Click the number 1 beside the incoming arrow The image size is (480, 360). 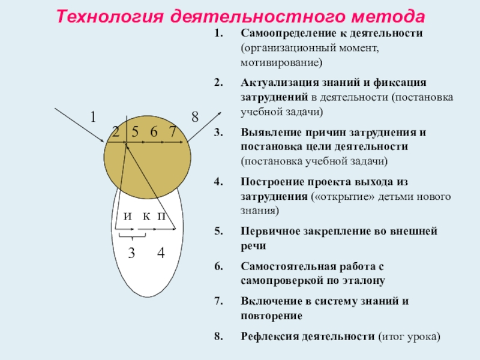pyautogui.click(x=93, y=116)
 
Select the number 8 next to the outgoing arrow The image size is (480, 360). pyautogui.click(x=195, y=117)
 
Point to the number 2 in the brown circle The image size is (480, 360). pyautogui.click(x=116, y=132)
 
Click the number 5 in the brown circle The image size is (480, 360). pyautogui.click(x=136, y=132)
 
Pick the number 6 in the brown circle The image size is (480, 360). pyautogui.click(x=154, y=132)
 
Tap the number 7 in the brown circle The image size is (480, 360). pyautogui.click(x=173, y=132)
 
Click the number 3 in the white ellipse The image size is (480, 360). pyautogui.click(x=131, y=254)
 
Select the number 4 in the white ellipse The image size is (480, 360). pyautogui.click(x=161, y=254)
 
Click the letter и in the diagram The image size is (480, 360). pyautogui.click(x=128, y=216)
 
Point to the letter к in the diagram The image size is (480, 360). pyautogui.click(x=146, y=216)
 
